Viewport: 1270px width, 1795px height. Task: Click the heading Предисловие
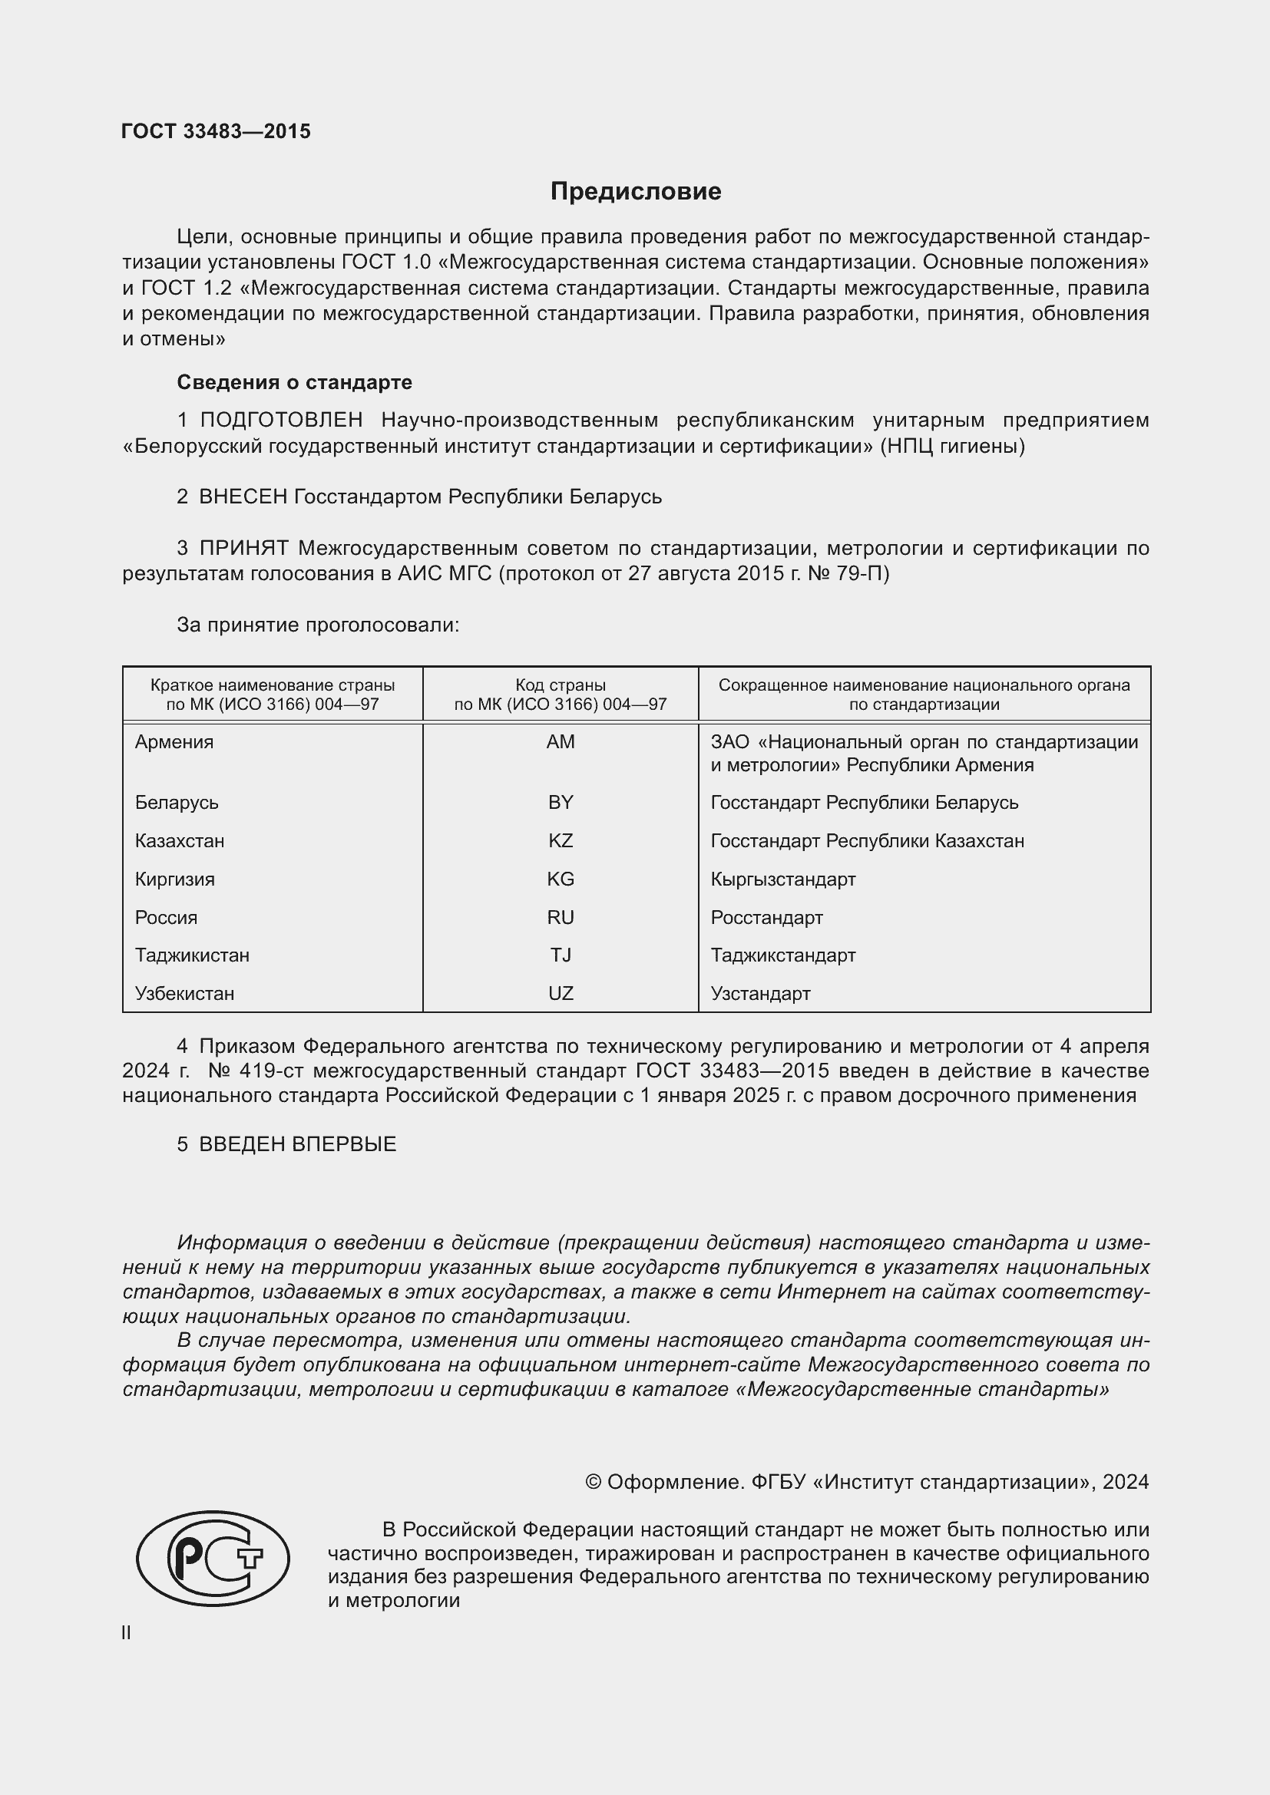pyautogui.click(x=635, y=192)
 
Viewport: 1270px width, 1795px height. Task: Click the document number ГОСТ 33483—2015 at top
pyautogui.click(x=216, y=131)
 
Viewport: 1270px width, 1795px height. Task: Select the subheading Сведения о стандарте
pyautogui.click(x=294, y=382)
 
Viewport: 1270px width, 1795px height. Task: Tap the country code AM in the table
pyautogui.click(x=560, y=742)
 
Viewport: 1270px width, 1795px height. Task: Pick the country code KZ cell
pyautogui.click(x=560, y=840)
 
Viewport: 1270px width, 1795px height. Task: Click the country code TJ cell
pyautogui.click(x=560, y=955)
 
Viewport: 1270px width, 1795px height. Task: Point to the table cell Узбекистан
pyautogui.click(x=184, y=993)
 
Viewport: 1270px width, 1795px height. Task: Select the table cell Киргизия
pyautogui.click(x=174, y=879)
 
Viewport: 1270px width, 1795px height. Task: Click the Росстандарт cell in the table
pyautogui.click(x=766, y=917)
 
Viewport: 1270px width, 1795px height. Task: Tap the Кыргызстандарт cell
pyautogui.click(x=782, y=879)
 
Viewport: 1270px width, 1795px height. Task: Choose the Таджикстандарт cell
pyautogui.click(x=782, y=955)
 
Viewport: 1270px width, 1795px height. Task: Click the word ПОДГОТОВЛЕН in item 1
pyautogui.click(x=281, y=421)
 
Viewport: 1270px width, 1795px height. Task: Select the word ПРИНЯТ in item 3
pyautogui.click(x=243, y=548)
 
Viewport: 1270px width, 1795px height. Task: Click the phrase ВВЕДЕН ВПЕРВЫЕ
pyautogui.click(x=297, y=1143)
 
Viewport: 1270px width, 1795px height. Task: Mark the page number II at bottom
pyautogui.click(x=126, y=1632)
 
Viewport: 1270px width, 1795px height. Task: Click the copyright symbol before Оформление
pyautogui.click(x=593, y=1481)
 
